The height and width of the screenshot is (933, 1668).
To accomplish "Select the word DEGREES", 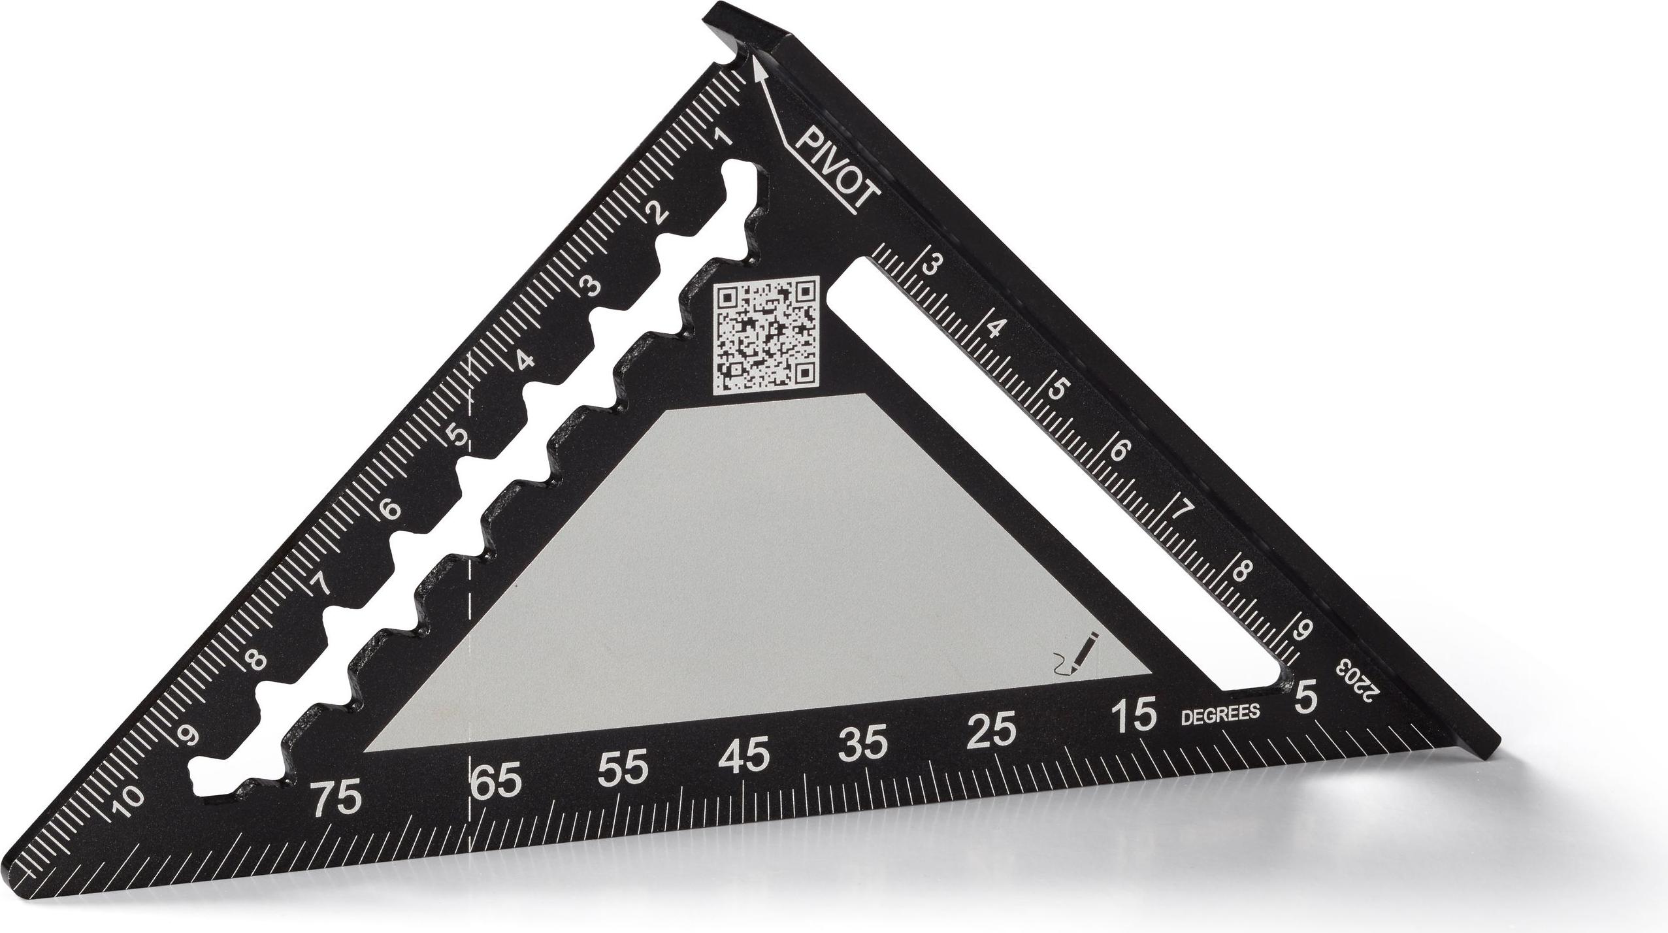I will click(1220, 713).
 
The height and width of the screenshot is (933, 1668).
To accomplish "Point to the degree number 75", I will click(336, 798).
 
